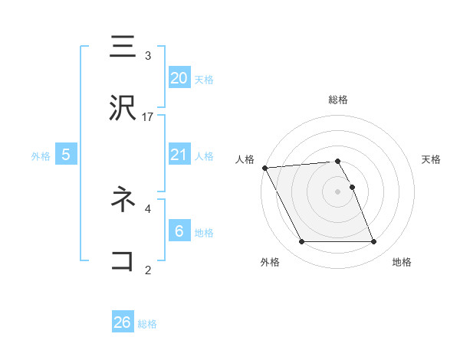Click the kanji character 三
[123, 47]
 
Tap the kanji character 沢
[123, 110]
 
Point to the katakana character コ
[123, 260]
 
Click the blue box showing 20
[179, 78]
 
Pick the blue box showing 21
[179, 155]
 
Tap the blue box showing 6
[179, 231]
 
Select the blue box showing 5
[66, 155]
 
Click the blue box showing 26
[123, 322]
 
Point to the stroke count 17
[148, 117]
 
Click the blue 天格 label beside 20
[204, 80]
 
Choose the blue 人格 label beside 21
[204, 156]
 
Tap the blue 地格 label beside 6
[204, 233]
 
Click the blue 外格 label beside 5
[41, 156]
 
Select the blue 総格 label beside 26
[148, 324]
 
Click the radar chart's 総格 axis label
[338, 100]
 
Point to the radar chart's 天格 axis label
[432, 159]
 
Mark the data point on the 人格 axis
[264, 168]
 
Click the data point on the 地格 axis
[374, 242]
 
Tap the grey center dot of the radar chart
[338, 191]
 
